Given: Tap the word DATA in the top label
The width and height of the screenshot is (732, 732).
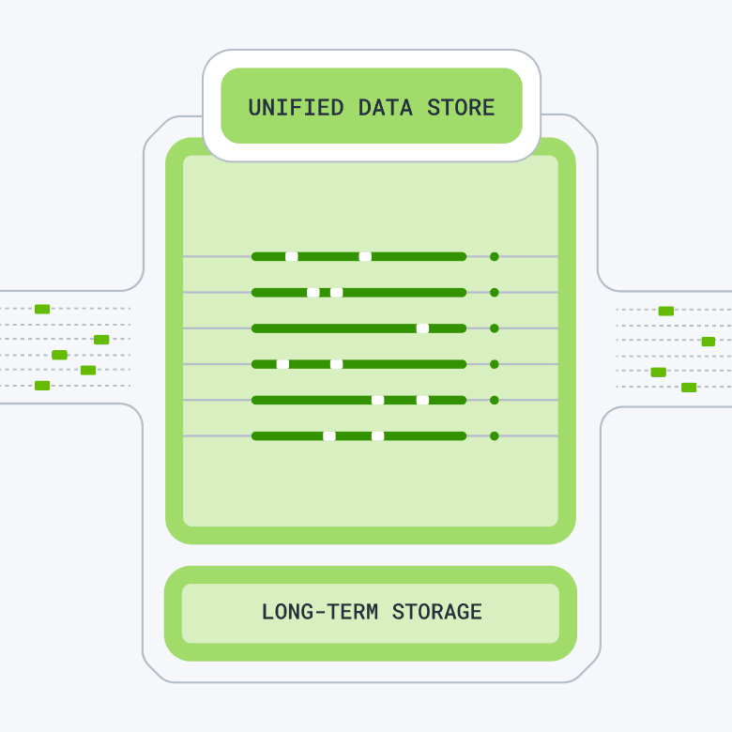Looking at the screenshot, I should (x=386, y=107).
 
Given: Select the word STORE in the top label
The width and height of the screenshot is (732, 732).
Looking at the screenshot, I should (x=461, y=107).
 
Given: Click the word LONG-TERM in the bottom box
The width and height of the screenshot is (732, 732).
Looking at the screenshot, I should (x=320, y=613).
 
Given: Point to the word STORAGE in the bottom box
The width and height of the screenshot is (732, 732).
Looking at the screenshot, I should (x=436, y=613).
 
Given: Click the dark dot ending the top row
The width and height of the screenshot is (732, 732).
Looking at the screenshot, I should (x=495, y=256).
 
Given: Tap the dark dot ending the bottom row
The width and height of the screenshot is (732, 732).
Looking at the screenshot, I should (x=495, y=435).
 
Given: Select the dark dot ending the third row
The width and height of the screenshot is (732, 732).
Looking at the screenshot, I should (x=495, y=328).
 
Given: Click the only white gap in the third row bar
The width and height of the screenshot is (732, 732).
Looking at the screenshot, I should (x=422, y=328).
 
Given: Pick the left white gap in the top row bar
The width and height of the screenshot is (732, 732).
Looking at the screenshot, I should (x=292, y=256).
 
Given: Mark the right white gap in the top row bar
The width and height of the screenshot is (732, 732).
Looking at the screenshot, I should (x=365, y=256).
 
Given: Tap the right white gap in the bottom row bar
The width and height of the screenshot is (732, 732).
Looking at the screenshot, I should (x=377, y=435).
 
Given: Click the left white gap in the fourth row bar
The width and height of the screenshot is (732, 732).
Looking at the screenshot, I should (x=282, y=364).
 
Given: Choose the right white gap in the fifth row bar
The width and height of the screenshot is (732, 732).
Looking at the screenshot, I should (x=422, y=400).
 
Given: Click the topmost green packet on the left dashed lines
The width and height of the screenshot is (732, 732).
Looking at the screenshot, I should (x=42, y=309).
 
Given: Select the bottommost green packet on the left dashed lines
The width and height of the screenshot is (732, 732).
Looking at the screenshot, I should (x=42, y=385).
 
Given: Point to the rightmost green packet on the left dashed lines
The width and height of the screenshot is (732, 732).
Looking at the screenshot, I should (x=101, y=340).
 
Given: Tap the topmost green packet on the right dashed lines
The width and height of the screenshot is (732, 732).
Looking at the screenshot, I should (x=666, y=311).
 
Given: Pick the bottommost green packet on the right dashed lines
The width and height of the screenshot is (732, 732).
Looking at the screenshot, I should (x=689, y=387).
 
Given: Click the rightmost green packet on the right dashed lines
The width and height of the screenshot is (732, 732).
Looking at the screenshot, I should (x=709, y=342).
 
